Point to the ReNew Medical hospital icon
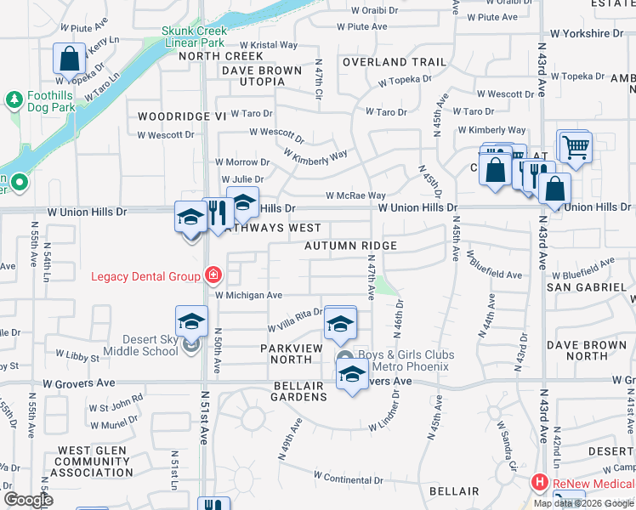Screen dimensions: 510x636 (x=539, y=482)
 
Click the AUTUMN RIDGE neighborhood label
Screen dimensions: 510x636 (x=351, y=246)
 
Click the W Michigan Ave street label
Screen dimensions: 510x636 (x=248, y=295)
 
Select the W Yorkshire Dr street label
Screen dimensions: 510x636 (x=586, y=33)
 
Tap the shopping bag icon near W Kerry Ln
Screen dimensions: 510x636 (x=69, y=59)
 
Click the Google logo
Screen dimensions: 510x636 (x=28, y=500)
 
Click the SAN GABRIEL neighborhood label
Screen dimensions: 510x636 (x=586, y=287)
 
